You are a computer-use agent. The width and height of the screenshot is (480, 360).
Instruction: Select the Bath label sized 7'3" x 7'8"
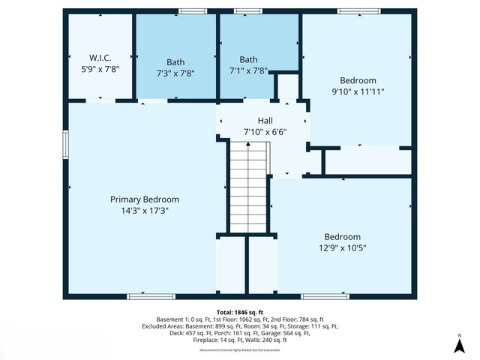tap(175, 62)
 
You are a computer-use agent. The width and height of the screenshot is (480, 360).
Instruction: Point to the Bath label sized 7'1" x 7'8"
tap(248, 59)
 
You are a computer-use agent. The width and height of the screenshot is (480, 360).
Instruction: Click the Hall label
tap(265, 120)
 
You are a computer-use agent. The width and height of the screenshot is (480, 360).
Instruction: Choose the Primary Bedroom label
tap(145, 199)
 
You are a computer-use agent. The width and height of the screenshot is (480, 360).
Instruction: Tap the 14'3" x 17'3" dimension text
tap(145, 211)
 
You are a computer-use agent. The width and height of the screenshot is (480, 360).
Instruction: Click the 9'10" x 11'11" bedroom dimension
tap(358, 91)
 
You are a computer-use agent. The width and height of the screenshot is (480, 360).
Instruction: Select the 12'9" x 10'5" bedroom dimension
tap(342, 247)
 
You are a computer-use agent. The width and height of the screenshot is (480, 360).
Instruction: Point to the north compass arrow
tap(459, 344)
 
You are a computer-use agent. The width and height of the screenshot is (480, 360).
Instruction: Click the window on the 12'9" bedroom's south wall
tap(325, 296)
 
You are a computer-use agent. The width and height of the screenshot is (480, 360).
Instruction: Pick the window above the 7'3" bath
tap(193, 11)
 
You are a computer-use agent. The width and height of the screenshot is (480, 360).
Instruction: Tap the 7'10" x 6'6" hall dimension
tap(265, 131)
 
